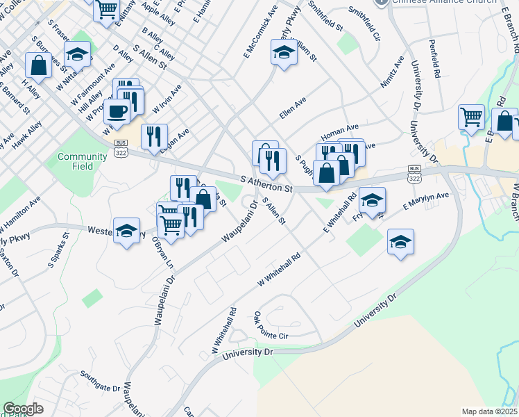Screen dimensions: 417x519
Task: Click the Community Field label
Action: tap(82, 161)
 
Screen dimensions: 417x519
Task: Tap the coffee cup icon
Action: tap(116, 111)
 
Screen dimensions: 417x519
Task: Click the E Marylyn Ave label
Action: tap(426, 202)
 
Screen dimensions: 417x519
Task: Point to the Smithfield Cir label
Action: tap(365, 23)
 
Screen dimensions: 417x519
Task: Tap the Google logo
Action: tap(23, 409)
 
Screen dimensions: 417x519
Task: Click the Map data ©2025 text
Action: tap(489, 411)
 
